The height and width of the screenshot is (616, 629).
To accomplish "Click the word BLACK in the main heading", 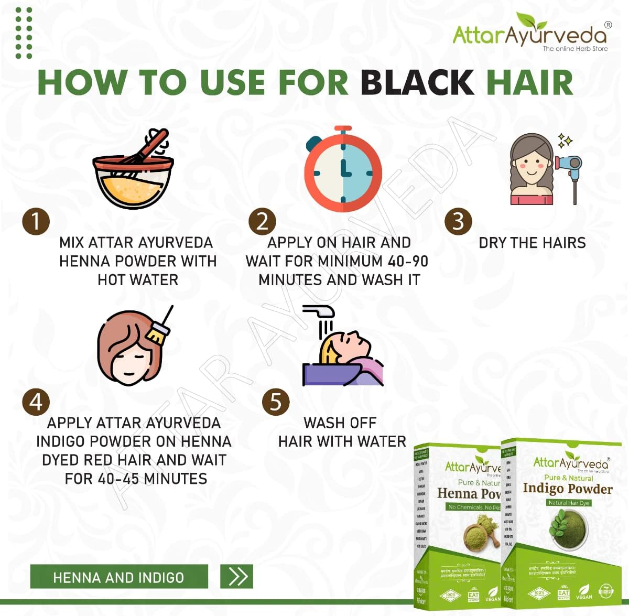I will tap(417, 83).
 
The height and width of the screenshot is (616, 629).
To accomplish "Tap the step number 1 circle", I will tap(36, 221).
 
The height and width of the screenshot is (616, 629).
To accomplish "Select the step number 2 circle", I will tap(262, 221).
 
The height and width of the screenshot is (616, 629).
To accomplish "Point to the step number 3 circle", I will tap(458, 221).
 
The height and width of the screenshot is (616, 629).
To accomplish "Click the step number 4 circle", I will tap(36, 402).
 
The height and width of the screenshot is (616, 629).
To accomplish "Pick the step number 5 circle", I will tap(276, 402).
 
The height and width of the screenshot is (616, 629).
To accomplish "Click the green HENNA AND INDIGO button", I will tap(119, 577).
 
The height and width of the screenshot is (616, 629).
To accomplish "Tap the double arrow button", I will tap(237, 577).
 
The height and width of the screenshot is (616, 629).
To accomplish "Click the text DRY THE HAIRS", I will tap(532, 243).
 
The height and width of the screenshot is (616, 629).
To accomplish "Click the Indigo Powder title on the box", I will tap(567, 489).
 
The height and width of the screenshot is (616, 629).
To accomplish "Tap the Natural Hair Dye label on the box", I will tap(569, 503).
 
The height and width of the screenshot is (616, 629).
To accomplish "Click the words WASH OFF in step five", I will tap(340, 423).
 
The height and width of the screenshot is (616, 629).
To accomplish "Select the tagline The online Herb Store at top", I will tap(575, 49).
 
